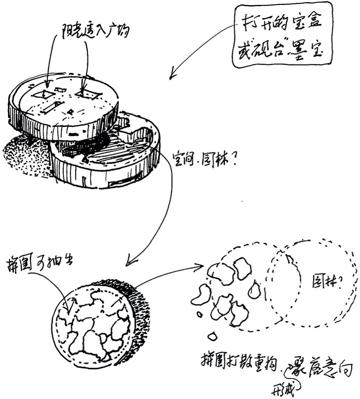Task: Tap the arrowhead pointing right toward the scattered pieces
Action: pyautogui.click(x=200, y=267)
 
